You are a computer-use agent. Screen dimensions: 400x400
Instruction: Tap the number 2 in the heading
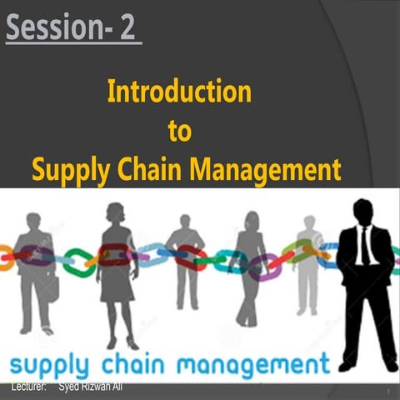click(x=126, y=29)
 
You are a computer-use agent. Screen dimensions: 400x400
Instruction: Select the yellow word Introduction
click(x=179, y=91)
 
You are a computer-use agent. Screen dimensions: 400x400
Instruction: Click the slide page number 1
click(x=388, y=392)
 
